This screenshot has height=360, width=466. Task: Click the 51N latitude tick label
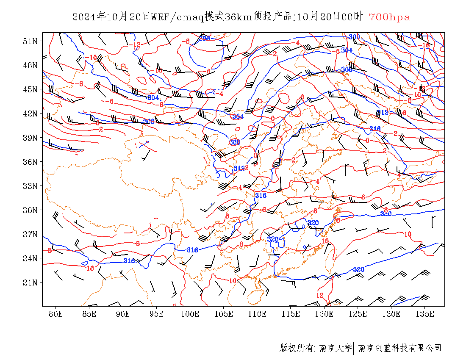click(x=31, y=41)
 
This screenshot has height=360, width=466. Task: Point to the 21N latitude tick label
click(x=31, y=282)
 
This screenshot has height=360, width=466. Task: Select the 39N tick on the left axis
click(x=31, y=138)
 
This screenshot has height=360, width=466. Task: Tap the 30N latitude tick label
click(x=31, y=210)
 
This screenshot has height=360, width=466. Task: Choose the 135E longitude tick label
click(x=425, y=314)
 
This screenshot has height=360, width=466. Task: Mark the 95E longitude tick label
click(x=156, y=314)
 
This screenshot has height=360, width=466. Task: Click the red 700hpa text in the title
click(x=389, y=17)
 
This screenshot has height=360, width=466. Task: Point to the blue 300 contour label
click(x=354, y=37)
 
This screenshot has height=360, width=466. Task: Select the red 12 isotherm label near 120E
click(x=320, y=295)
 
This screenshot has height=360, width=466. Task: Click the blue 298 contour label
click(x=205, y=39)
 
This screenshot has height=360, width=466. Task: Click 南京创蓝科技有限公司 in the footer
click(x=399, y=348)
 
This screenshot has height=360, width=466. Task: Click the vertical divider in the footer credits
click(x=354, y=348)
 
